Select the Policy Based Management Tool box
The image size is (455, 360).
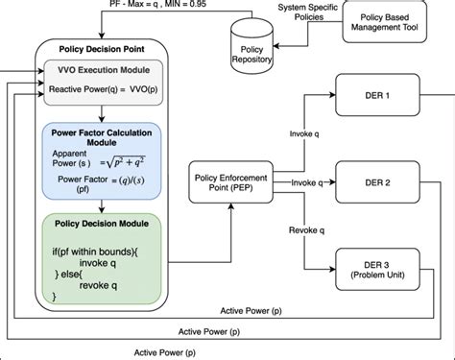(x=388, y=22)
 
